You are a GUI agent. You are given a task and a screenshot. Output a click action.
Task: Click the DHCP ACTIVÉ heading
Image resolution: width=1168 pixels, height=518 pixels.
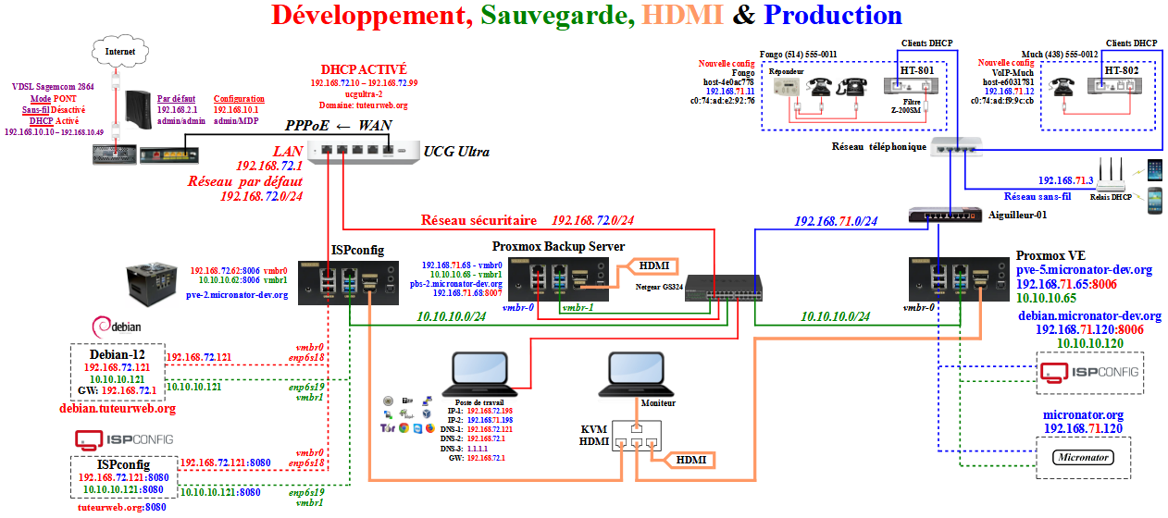point(363,69)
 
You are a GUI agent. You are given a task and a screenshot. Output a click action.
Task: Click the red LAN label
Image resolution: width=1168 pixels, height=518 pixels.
point(287,151)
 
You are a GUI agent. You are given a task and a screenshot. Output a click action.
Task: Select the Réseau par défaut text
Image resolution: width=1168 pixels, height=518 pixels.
point(245,181)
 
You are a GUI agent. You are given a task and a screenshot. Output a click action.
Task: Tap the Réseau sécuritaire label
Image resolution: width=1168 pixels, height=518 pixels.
point(478,221)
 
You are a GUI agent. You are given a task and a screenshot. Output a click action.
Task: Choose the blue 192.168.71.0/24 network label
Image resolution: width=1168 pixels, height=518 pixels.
point(837,221)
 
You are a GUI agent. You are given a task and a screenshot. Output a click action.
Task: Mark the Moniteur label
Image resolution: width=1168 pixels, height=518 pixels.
point(655,403)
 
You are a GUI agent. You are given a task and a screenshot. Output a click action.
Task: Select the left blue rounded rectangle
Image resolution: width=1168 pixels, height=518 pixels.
point(479,368)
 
